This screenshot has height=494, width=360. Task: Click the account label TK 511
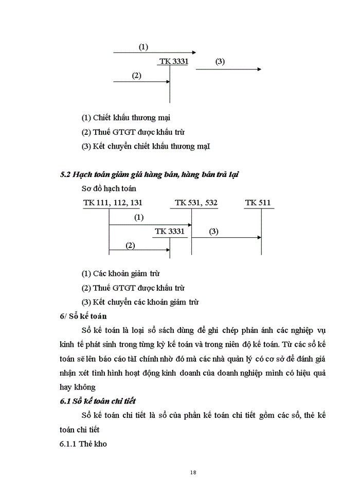258,203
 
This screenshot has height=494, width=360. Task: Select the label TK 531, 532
196,203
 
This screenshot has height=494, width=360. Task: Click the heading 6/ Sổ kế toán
83,316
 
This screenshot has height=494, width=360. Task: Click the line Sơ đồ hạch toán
109,189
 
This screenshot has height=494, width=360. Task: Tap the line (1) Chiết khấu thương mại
126,117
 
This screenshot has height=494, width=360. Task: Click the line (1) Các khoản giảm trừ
124,274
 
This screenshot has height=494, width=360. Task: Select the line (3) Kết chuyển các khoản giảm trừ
140,302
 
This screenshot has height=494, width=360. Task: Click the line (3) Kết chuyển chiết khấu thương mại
146,146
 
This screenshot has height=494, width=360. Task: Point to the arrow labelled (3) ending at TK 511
226,238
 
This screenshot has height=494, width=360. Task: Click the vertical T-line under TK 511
261,232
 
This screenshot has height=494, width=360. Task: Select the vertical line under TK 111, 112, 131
109,232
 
